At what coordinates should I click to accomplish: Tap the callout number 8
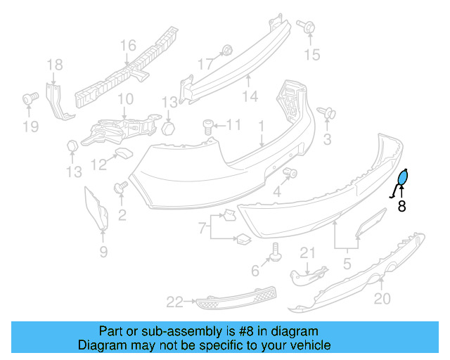[x=401, y=207]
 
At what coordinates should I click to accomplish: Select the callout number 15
[x=311, y=53]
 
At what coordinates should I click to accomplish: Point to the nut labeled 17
[x=227, y=50]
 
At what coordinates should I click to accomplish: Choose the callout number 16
[x=127, y=46]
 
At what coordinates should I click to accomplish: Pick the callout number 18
[x=55, y=66]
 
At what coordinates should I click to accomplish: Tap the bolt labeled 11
[x=208, y=126]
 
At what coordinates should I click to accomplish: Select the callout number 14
[x=250, y=96]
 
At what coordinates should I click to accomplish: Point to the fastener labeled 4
[x=294, y=174]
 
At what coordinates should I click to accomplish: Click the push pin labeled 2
[x=120, y=188]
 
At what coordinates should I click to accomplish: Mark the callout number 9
[x=103, y=252]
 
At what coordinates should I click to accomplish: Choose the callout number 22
[x=174, y=302]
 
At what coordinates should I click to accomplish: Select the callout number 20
[x=381, y=300]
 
